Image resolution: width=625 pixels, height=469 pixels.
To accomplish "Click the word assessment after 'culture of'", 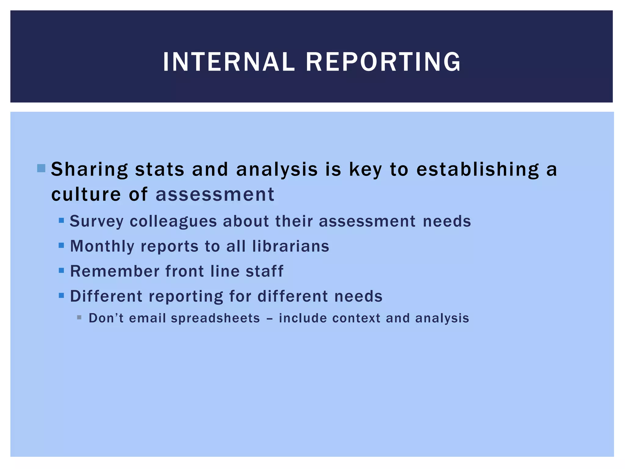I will tap(215, 194).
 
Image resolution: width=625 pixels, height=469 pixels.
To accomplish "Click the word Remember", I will tap(115, 271).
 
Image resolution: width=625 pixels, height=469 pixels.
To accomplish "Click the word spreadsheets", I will tap(215, 318).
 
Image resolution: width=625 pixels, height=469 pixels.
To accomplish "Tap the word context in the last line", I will tap(356, 318).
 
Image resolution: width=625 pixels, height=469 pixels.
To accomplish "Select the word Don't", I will tap(106, 318).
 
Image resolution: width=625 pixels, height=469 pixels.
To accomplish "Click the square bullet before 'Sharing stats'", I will tap(41, 168).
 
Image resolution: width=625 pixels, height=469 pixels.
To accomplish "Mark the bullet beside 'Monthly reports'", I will tap(61, 245).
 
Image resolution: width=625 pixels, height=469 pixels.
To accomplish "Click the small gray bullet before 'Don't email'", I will tap(79, 318).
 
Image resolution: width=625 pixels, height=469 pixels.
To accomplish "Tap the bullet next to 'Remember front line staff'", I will tap(61, 270).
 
